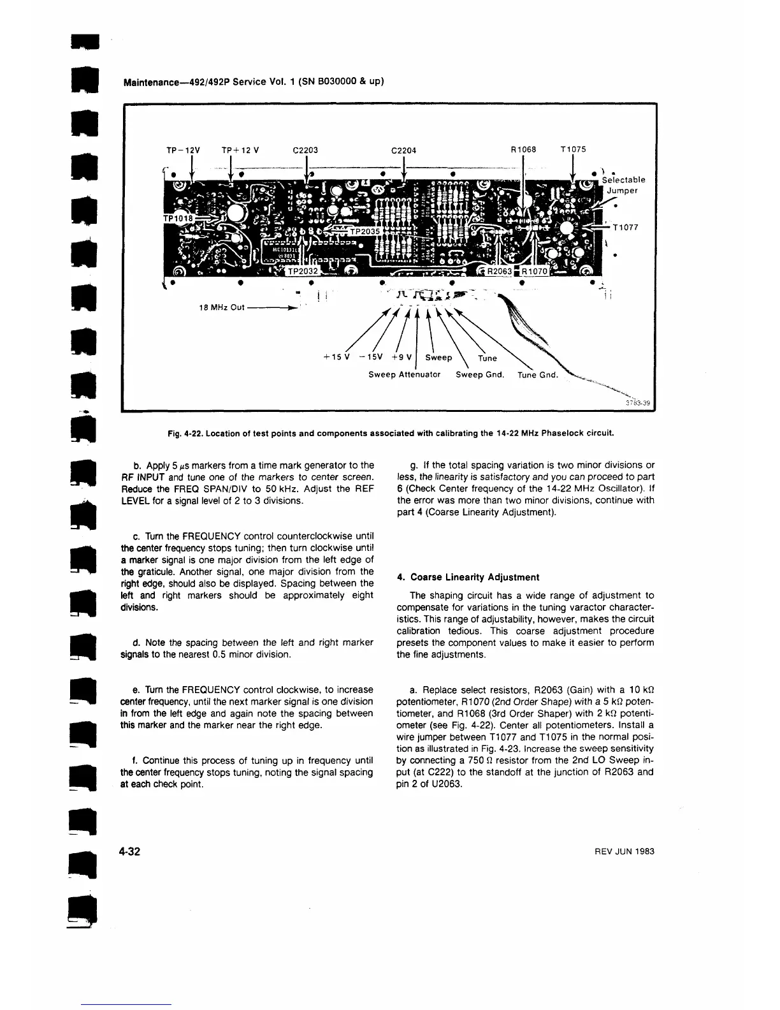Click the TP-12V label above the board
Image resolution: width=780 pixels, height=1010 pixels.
click(x=182, y=150)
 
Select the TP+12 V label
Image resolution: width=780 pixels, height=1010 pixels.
click(x=240, y=150)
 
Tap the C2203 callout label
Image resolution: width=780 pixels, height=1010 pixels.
click(x=305, y=150)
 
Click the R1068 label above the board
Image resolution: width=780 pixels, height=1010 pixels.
click(x=524, y=150)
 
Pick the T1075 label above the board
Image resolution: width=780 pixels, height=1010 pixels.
click(x=573, y=150)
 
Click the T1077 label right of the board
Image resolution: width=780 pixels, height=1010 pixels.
click(x=626, y=227)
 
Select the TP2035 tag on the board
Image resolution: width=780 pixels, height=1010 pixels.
click(x=365, y=231)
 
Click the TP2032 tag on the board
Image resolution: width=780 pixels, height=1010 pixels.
click(x=303, y=270)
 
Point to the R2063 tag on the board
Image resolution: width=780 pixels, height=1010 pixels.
click(x=500, y=270)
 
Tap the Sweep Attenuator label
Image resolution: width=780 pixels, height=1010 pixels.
click(x=405, y=374)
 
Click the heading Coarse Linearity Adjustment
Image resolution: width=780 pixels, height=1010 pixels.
click(x=468, y=577)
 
